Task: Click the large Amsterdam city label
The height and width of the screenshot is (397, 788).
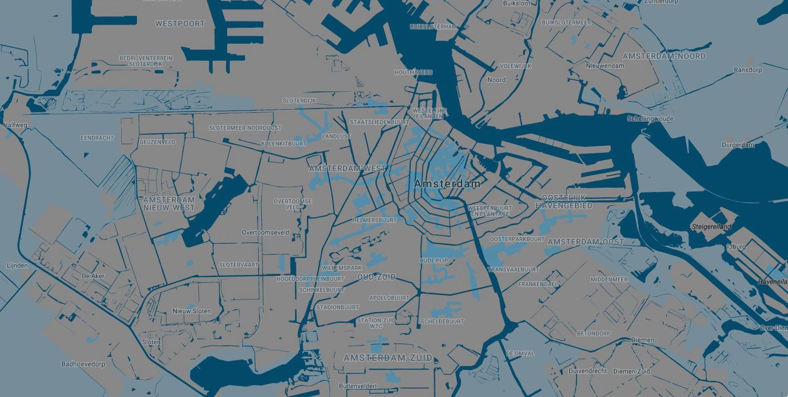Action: coord(447,184)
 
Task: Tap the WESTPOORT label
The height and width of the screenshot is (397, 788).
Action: coord(180,24)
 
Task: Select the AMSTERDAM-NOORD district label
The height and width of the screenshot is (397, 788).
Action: coord(664,56)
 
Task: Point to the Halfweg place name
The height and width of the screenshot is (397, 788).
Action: coord(15,125)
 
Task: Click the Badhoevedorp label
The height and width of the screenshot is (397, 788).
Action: coord(83,364)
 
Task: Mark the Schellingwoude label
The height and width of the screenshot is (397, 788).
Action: coord(650,119)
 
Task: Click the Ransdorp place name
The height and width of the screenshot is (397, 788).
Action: coord(748,70)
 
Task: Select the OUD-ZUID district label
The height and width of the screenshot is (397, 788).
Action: coord(376,277)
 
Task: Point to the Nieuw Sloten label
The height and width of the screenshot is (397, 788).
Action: coord(191,311)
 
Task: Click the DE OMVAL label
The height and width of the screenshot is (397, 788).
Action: coord(520,353)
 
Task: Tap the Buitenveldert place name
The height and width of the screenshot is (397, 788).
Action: coord(358,386)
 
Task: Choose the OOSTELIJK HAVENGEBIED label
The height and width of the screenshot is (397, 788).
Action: coord(564,202)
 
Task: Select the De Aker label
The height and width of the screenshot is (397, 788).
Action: coord(93,276)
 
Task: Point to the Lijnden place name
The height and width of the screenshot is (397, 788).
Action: coord(17,265)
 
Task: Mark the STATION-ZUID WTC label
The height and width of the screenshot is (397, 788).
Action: coord(376,323)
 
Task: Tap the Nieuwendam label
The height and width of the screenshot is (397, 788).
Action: coord(605,66)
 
